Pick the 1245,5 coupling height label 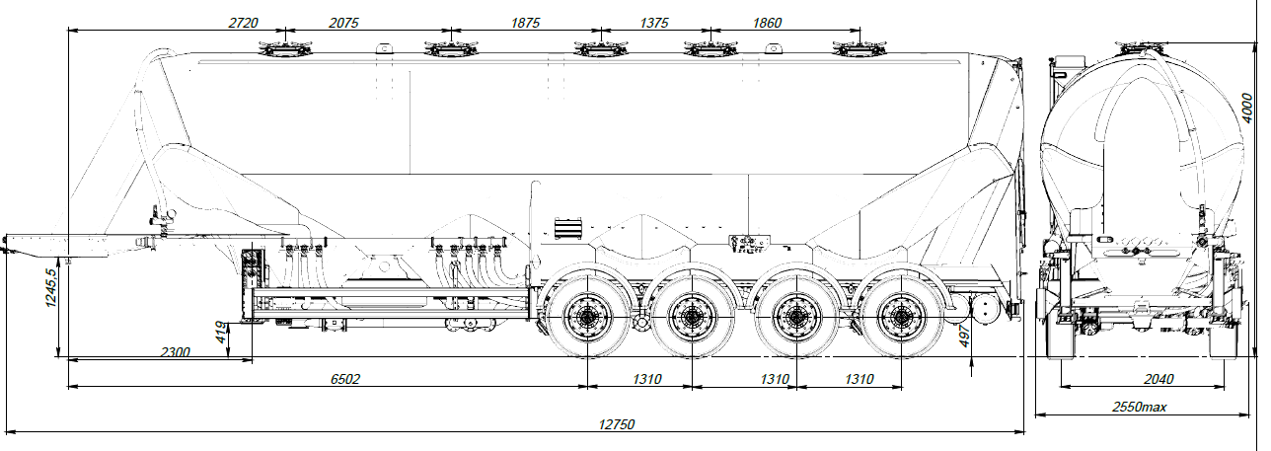(x=51, y=287)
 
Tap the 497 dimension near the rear (x=966, y=338)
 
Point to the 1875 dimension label (x=520, y=23)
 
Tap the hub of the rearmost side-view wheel (x=900, y=316)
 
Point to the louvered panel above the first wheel (x=567, y=227)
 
